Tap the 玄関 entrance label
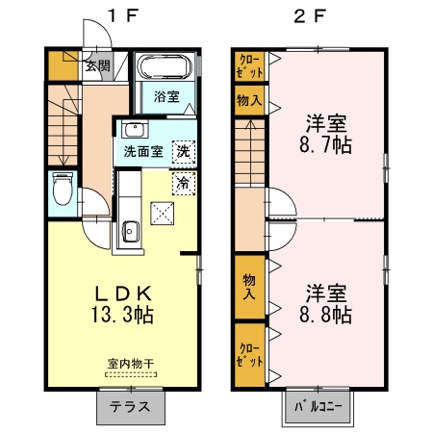96,66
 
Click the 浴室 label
167,95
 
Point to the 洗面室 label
140,152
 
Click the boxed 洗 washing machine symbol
182,151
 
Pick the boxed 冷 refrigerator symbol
182,180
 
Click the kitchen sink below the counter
131,232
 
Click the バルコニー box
318,405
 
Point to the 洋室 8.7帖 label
327,135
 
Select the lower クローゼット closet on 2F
247,356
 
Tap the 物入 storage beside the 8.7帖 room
247,101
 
